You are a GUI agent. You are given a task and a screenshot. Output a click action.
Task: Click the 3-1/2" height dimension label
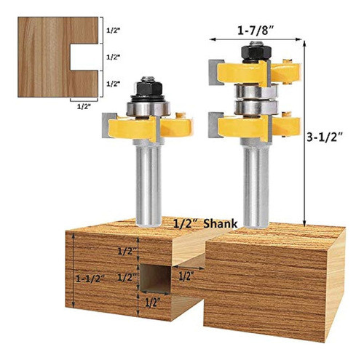325,138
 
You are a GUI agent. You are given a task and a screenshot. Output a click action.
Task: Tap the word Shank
221,223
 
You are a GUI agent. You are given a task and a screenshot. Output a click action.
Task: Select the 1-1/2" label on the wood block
89,279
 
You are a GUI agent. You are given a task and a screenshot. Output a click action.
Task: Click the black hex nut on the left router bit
148,89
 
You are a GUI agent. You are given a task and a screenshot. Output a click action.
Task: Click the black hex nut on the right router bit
256,52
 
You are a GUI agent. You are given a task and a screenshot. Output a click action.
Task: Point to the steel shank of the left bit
149,183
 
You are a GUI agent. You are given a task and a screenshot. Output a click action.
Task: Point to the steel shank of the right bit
256,185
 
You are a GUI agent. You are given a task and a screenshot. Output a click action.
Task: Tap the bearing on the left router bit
148,108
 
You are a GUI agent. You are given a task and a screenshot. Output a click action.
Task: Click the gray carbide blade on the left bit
108,125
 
